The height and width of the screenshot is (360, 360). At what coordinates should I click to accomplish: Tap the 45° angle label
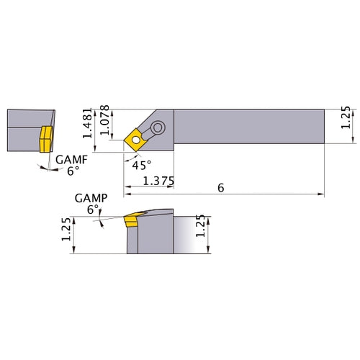(143, 164)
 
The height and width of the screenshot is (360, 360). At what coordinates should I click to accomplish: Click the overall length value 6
(220, 186)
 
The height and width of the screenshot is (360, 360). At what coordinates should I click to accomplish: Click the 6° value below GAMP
(91, 209)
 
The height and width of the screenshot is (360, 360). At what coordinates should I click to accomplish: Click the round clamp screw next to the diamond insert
(156, 128)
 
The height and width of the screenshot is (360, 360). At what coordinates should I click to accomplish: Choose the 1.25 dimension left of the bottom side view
(66, 230)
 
